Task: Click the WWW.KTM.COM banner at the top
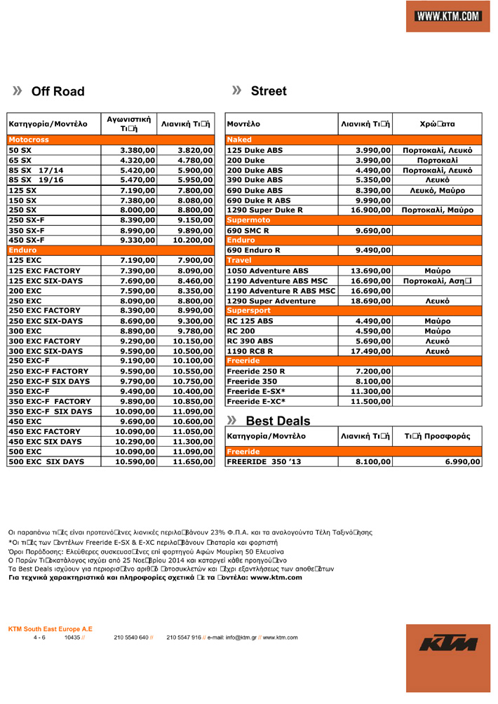pos(447,16)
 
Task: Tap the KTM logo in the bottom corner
pos(448,643)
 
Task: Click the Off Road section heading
pos(58,91)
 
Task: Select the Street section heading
pos(269,91)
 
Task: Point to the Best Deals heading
pos(278,421)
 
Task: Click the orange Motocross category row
pos(110,140)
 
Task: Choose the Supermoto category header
pos(354,220)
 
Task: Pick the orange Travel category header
pos(354,260)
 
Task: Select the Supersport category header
pos(354,311)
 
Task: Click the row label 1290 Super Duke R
pos(265,210)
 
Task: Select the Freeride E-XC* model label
pos(256,402)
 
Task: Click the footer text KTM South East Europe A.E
pos(50,629)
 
